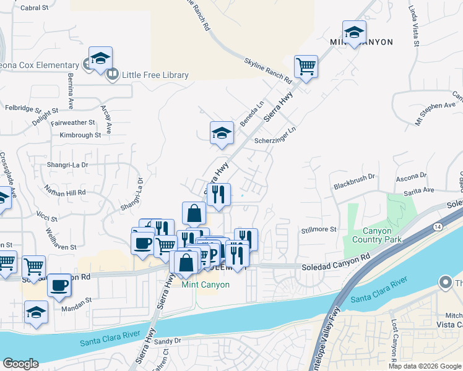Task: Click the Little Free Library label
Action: tap(155, 75)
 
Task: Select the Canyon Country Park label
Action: tap(377, 236)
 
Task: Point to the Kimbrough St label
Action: tap(76, 135)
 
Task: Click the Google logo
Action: tap(20, 364)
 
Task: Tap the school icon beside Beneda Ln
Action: tap(222, 132)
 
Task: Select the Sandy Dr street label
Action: tap(168, 341)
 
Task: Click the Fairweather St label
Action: tap(73, 123)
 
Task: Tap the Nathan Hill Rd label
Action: tap(64, 192)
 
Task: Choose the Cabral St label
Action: tap(34, 8)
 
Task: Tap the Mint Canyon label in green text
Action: tap(206, 285)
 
